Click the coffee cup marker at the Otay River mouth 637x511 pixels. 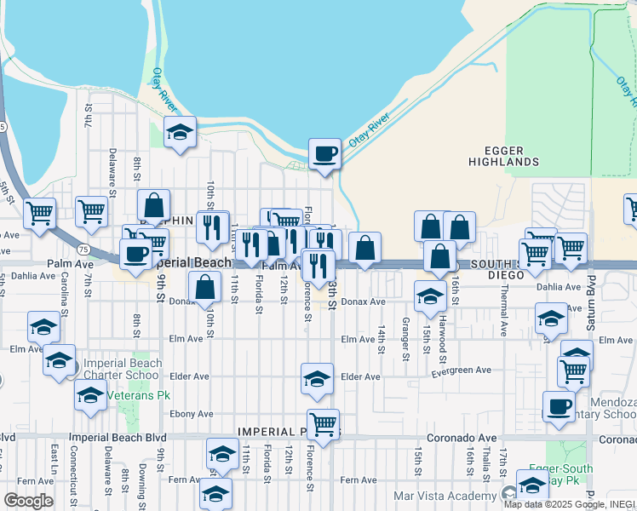[324, 154]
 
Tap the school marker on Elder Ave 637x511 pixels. [317, 379]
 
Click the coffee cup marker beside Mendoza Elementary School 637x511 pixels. [559, 406]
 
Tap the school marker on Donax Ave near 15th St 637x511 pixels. [431, 296]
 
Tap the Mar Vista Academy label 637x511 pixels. [445, 496]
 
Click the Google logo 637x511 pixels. [28, 501]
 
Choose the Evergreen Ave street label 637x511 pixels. [462, 370]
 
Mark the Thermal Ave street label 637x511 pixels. [504, 318]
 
